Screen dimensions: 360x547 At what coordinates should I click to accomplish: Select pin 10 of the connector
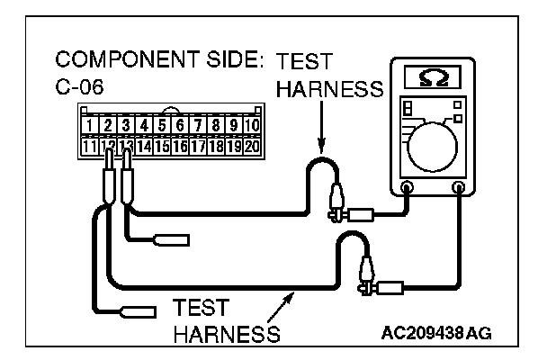pyautogui.click(x=253, y=123)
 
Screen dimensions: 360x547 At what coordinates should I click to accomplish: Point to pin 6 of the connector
pyautogui.click(x=181, y=123)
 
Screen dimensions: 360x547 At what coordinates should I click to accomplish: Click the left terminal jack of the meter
pyautogui.click(x=407, y=188)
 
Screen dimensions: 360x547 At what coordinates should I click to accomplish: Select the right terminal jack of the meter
pyautogui.click(x=461, y=188)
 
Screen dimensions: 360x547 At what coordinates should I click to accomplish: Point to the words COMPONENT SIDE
pyautogui.click(x=158, y=62)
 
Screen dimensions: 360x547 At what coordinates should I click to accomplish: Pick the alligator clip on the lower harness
pyautogui.click(x=365, y=274)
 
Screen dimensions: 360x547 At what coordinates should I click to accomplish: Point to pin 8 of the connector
pyautogui.click(x=217, y=123)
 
